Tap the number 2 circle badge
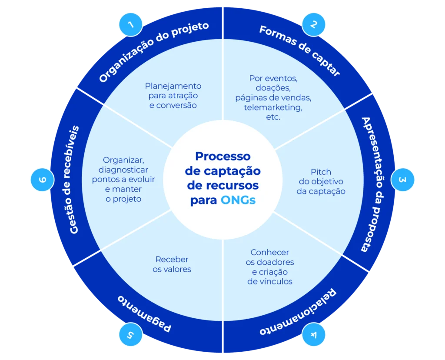click(314, 24)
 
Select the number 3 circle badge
click(403, 180)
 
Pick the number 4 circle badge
click(314, 335)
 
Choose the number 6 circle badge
click(42, 180)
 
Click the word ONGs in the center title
click(238, 200)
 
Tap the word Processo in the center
click(222, 156)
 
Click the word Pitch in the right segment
click(321, 172)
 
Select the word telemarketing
click(273, 107)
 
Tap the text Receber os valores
click(172, 264)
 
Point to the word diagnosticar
click(123, 170)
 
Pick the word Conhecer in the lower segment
click(269, 253)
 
